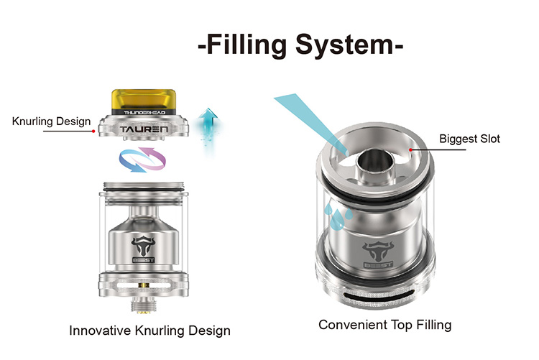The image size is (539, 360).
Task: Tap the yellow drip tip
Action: pyautogui.click(x=144, y=101)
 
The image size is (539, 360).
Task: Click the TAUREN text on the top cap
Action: pyautogui.click(x=144, y=129)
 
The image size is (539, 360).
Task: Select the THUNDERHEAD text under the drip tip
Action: pyautogui.click(x=144, y=112)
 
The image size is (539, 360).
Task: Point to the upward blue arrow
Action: pyautogui.click(x=208, y=127)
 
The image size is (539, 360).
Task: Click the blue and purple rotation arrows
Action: pyautogui.click(x=142, y=160)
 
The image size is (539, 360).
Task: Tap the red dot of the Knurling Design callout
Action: pyautogui.click(x=93, y=131)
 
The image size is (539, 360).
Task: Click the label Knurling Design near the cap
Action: pyautogui.click(x=51, y=121)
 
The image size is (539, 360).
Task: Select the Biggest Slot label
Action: pyautogui.click(x=469, y=139)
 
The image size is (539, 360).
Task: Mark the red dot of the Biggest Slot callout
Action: pyautogui.click(x=410, y=149)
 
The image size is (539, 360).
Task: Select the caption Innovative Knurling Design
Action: pyautogui.click(x=149, y=331)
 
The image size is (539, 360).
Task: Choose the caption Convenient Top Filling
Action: pyautogui.click(x=385, y=325)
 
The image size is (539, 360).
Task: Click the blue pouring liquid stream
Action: pyautogui.click(x=310, y=122)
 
